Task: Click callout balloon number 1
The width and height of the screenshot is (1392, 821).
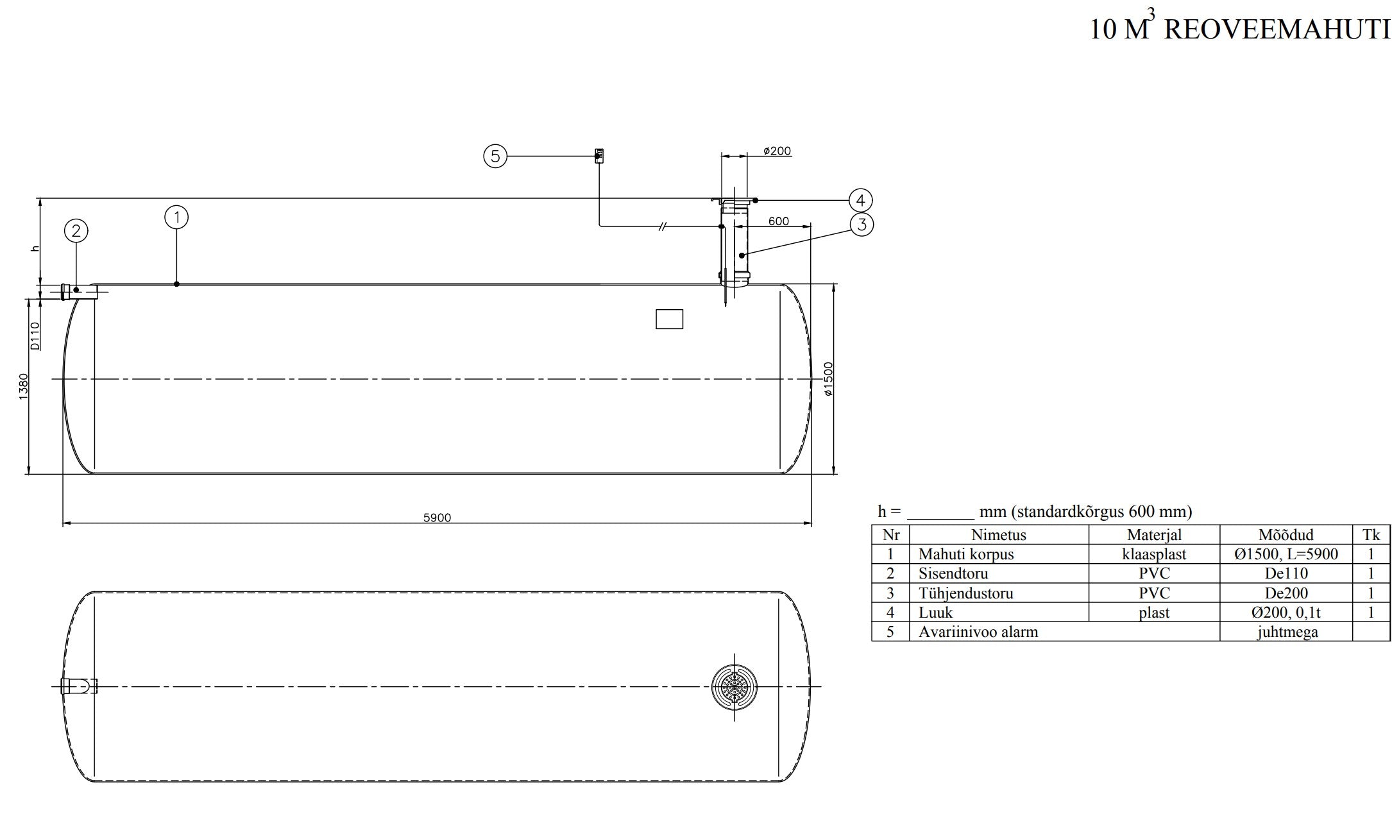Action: (176, 217)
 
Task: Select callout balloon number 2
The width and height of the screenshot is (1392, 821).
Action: (76, 231)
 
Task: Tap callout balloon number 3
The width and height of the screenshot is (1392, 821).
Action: (862, 224)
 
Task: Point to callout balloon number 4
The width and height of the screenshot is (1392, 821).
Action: (860, 201)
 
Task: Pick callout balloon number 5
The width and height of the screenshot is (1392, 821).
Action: (495, 156)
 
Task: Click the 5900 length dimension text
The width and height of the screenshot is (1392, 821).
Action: (437, 518)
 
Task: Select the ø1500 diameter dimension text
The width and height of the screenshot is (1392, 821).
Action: (828, 379)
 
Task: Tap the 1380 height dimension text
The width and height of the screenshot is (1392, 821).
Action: (24, 387)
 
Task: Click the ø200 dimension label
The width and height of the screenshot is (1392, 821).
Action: (777, 151)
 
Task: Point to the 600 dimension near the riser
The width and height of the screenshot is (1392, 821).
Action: (778, 221)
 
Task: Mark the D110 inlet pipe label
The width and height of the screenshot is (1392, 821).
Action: (35, 335)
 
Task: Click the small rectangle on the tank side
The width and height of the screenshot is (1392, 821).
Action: (669, 319)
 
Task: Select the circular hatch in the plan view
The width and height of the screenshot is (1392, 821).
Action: (734, 687)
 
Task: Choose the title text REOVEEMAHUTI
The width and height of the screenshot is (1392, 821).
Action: (1277, 30)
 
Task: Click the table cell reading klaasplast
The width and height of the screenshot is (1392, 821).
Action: (1153, 554)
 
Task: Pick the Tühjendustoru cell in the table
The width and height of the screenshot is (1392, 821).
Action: (965, 593)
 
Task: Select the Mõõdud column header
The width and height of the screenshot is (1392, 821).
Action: (1286, 535)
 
